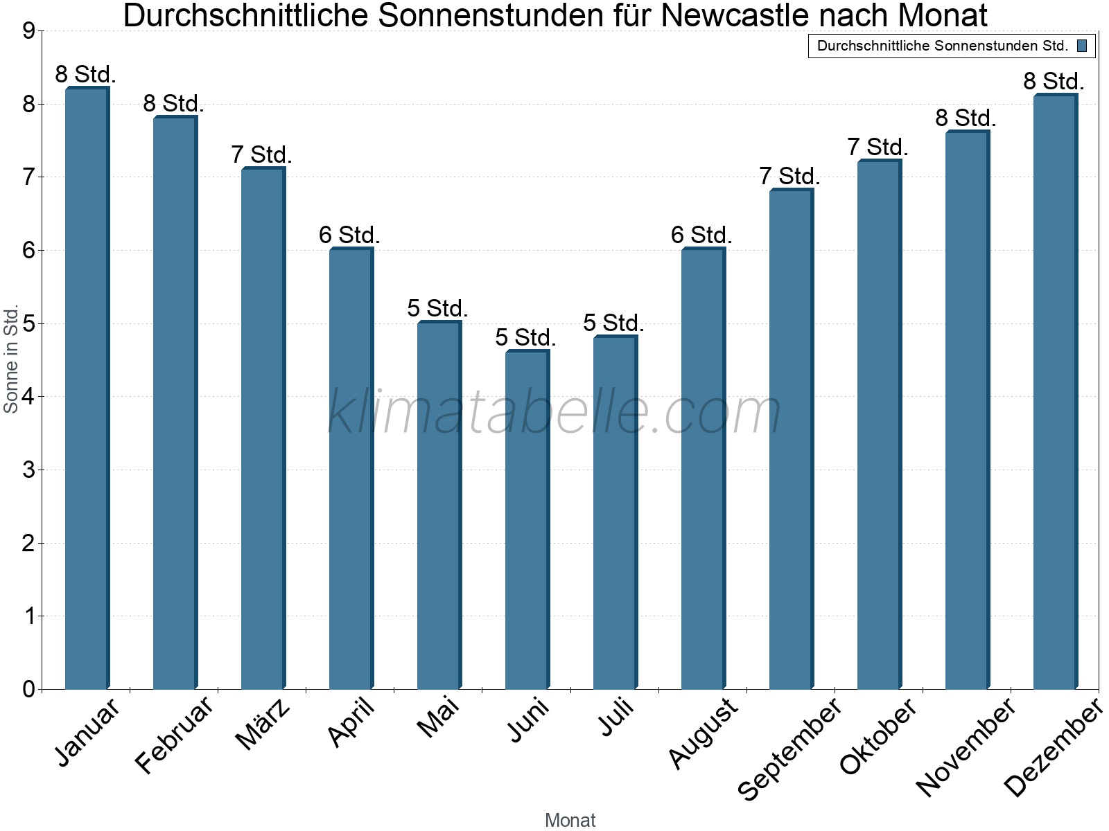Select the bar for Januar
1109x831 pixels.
click(x=87, y=388)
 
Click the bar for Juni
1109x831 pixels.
click(x=527, y=519)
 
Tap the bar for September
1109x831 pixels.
click(x=791, y=439)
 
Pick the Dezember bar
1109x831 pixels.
click(x=1055, y=392)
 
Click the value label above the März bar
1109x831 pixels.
click(x=262, y=154)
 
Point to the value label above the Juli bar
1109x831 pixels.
click(x=614, y=323)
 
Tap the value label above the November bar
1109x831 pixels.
click(x=966, y=118)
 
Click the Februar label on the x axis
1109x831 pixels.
click(x=174, y=735)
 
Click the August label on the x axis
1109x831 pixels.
click(x=703, y=733)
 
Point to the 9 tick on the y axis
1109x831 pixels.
click(x=28, y=31)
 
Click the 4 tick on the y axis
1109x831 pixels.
click(x=28, y=397)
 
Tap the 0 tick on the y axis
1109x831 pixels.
click(x=28, y=689)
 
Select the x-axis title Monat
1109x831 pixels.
click(x=570, y=820)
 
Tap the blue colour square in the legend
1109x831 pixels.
click(x=1082, y=46)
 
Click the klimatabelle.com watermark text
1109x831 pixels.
click(x=554, y=412)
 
